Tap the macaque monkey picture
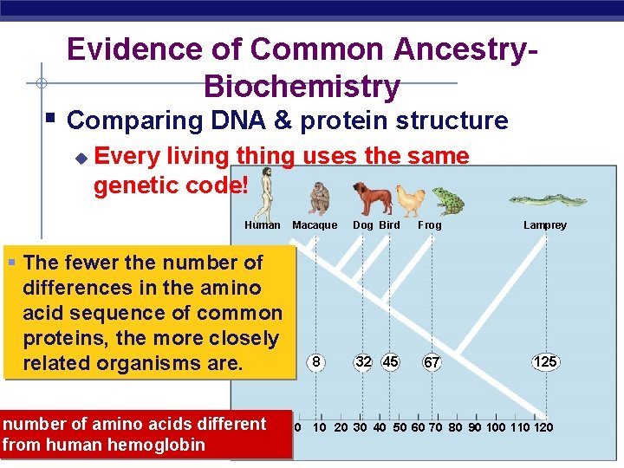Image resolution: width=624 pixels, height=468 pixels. (320, 199)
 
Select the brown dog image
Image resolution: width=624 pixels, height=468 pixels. (371, 198)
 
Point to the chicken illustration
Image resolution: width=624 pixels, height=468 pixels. (410, 200)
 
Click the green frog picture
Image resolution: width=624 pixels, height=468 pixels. (446, 200)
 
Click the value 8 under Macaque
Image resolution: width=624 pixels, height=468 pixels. (318, 361)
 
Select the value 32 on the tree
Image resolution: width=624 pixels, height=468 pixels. (363, 361)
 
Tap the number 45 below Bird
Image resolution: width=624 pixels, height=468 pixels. (390, 361)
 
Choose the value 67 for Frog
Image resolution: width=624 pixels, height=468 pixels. (432, 362)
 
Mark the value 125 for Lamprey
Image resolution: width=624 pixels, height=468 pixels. (545, 361)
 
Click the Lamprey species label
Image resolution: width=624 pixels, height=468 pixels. (545, 225)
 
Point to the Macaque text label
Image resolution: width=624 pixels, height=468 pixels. (315, 225)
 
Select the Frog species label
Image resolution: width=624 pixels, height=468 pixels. (430, 225)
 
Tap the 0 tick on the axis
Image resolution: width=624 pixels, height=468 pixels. (297, 427)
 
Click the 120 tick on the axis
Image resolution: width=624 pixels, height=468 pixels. (543, 427)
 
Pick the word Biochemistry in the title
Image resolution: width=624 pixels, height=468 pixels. (302, 87)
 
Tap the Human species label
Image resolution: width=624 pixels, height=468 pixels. (263, 225)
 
